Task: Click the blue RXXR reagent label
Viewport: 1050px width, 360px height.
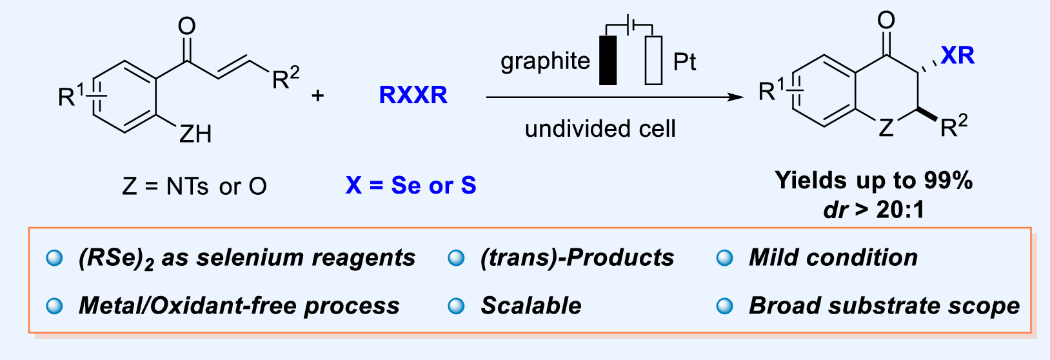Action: (413, 95)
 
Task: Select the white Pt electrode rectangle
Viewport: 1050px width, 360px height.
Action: (653, 61)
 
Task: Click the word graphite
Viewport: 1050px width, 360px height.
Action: (545, 61)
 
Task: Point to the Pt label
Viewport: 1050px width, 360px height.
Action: (684, 62)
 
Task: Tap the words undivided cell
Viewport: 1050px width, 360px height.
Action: (600, 129)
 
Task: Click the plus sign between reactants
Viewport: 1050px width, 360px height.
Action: (317, 96)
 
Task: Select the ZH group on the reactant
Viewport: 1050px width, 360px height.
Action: (195, 134)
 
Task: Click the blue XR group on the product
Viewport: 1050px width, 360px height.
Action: (957, 55)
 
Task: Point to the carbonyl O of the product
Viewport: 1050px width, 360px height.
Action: (886, 21)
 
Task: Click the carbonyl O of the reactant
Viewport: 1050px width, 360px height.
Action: (186, 26)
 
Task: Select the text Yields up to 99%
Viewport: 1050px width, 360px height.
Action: (873, 181)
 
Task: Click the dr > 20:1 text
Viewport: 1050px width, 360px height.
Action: (873, 210)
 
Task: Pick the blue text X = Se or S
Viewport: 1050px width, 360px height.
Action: (411, 186)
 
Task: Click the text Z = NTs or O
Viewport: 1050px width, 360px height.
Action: (194, 186)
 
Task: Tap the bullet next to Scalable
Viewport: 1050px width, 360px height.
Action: (456, 306)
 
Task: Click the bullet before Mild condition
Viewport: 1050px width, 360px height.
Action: (725, 258)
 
